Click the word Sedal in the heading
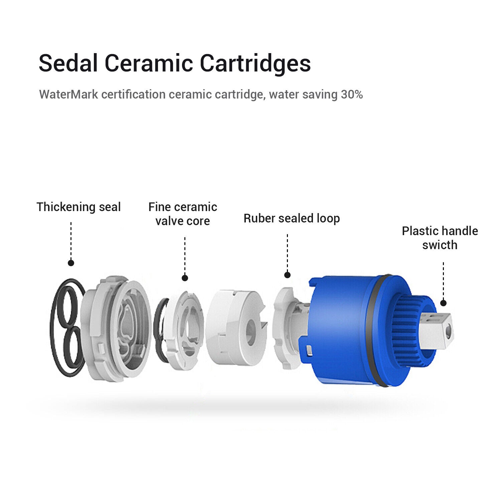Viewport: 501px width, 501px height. [68, 63]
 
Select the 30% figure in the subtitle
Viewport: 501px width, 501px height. [352, 95]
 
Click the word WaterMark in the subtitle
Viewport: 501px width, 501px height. [68, 95]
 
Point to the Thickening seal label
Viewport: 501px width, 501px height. [78, 207]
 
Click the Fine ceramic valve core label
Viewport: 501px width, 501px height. [183, 214]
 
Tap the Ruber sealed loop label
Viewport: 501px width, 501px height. [292, 218]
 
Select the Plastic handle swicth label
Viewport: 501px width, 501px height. [440, 238]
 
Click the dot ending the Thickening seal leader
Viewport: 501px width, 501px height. [71, 263]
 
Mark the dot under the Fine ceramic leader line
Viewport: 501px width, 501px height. [185, 278]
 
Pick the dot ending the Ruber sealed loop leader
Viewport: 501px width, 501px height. [287, 275]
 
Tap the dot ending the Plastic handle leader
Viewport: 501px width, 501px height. [443, 303]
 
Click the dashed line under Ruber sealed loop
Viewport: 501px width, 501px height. [287, 252]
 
